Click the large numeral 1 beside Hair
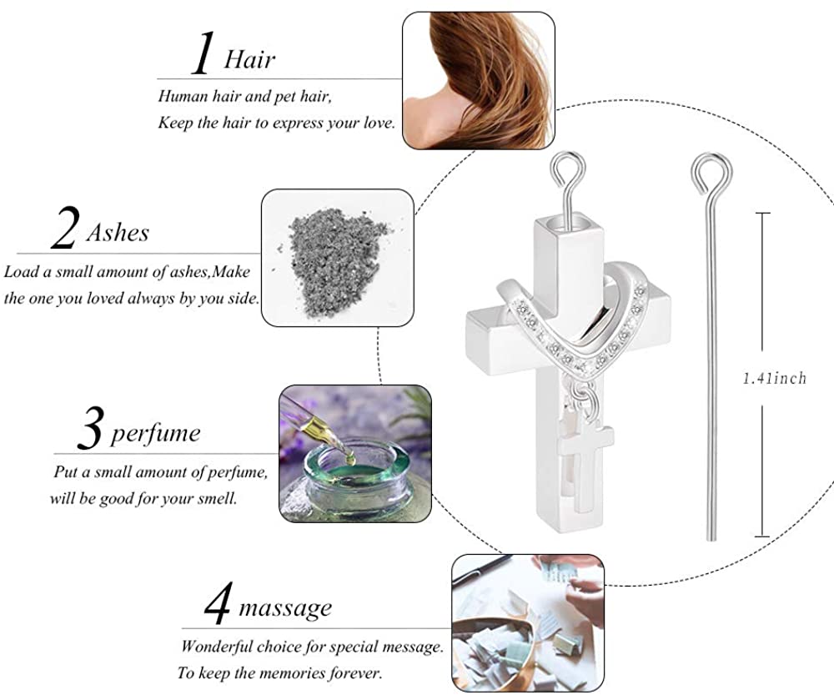[x=203, y=53]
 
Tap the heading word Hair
[x=249, y=58]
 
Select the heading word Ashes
[x=118, y=233]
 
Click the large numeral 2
[x=65, y=228]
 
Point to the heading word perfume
[x=155, y=434]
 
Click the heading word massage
[x=285, y=608]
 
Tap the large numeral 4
[x=218, y=603]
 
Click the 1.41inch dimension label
[x=775, y=378]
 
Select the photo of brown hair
[x=479, y=80]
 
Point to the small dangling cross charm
[x=585, y=463]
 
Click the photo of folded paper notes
[x=528, y=623]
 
